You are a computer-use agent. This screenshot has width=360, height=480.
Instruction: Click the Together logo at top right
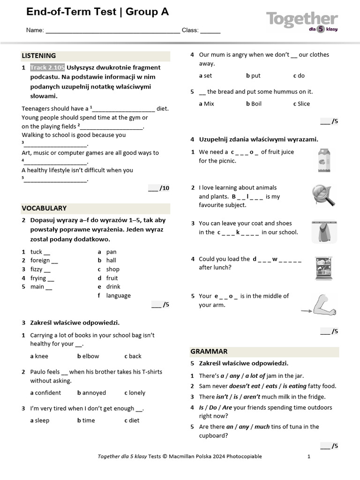(x=302, y=21)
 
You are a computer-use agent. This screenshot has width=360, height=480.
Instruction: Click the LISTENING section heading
(x=39, y=56)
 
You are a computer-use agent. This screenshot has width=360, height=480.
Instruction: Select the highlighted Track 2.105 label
(x=47, y=67)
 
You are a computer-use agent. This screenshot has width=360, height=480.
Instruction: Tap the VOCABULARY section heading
(x=44, y=208)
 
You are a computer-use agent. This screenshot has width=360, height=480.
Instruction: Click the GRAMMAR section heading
(x=209, y=352)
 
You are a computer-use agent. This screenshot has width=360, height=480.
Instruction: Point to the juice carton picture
(x=324, y=158)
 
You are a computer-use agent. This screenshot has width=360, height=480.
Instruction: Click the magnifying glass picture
(x=324, y=195)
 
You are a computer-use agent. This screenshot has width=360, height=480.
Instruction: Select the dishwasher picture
(x=324, y=268)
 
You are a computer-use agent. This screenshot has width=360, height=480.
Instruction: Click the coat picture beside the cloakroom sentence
(x=324, y=232)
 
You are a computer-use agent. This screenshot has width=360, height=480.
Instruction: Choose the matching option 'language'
(x=118, y=296)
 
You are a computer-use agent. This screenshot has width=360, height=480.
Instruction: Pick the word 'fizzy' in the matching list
(x=37, y=270)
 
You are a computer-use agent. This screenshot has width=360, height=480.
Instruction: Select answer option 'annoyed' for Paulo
(x=94, y=393)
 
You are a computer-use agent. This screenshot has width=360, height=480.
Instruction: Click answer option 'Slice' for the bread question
(x=303, y=104)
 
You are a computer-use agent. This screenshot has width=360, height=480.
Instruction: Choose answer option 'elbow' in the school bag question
(x=90, y=356)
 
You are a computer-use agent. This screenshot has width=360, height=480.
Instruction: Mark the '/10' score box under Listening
(x=159, y=188)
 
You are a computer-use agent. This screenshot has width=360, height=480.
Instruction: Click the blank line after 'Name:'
(x=112, y=30)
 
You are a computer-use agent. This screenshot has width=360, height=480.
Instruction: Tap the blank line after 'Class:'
(x=210, y=30)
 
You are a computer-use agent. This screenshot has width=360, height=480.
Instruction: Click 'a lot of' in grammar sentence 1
(x=255, y=376)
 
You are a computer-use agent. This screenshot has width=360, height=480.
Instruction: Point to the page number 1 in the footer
(x=309, y=457)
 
